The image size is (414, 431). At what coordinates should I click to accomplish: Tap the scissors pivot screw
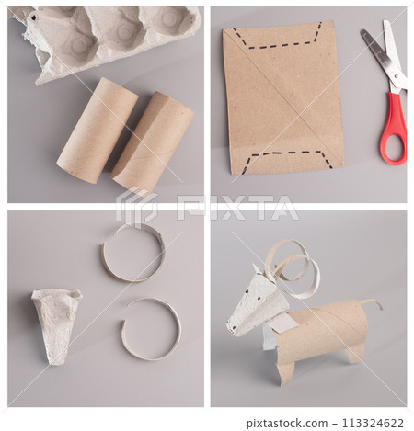[x=397, y=75]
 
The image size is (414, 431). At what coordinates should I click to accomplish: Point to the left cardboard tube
[x=98, y=130]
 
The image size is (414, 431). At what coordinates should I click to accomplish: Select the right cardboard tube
[x=153, y=144]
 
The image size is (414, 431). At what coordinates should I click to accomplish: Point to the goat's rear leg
[x=354, y=355]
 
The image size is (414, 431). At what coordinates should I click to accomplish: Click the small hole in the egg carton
[x=33, y=17]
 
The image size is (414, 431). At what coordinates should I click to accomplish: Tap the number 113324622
[x=373, y=424]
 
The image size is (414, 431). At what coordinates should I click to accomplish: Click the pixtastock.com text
[x=287, y=424]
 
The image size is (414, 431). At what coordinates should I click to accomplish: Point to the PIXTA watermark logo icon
[x=136, y=206]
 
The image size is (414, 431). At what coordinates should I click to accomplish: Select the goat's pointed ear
[x=257, y=268]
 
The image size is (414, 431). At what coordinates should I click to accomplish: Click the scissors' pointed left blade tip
[x=362, y=31]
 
